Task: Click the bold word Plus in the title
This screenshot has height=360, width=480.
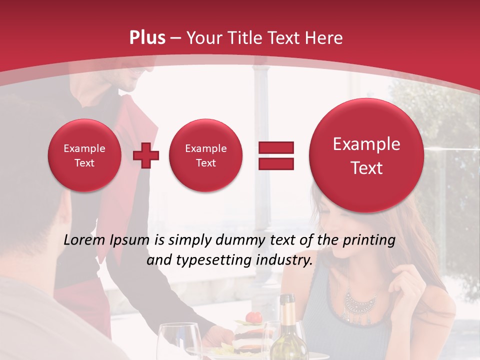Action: [x=147, y=38]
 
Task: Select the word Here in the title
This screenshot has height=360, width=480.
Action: [x=324, y=38]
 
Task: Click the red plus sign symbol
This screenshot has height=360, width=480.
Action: [x=146, y=155]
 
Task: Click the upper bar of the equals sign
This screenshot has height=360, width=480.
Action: [x=275, y=147]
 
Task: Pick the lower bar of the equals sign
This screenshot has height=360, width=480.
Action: [x=275, y=163]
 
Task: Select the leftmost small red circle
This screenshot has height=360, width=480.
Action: [x=84, y=155]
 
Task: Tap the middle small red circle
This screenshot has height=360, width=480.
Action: [x=205, y=155]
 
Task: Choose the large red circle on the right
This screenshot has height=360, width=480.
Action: [x=366, y=155]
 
